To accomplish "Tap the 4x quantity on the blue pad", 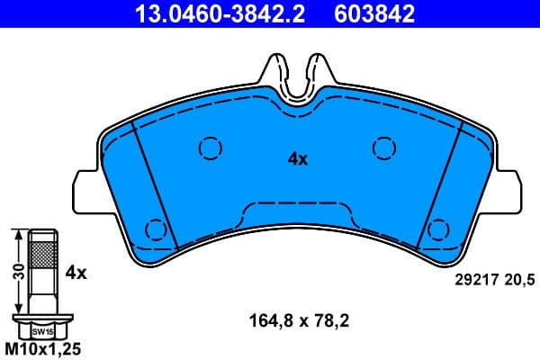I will (x=298, y=159).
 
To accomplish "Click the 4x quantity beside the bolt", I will (x=76, y=271).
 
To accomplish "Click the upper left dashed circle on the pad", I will (x=209, y=148).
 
